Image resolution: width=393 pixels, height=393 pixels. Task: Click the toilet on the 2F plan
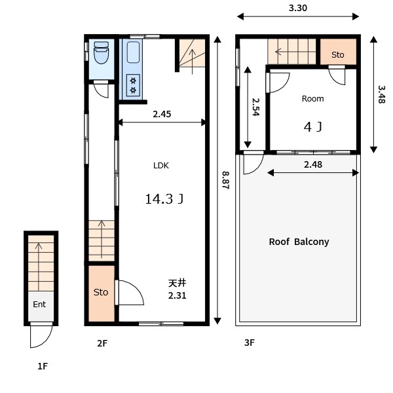point(102,52)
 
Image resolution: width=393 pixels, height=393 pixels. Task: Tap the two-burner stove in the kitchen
point(133,85)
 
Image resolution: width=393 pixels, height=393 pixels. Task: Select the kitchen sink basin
point(133,52)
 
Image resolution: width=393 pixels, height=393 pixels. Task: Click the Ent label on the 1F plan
point(39,305)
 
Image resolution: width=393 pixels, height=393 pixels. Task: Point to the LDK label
point(161,166)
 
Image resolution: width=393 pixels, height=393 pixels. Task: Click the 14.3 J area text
point(164,199)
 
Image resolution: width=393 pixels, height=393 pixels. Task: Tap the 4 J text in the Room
point(313,127)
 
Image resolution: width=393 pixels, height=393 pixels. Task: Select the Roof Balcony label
point(299,242)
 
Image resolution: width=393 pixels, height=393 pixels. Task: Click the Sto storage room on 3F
point(338,52)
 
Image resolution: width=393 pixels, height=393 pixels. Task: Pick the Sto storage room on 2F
point(102,293)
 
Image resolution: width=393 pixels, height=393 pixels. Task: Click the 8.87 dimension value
point(225,180)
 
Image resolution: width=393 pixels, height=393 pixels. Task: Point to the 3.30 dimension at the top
point(298,8)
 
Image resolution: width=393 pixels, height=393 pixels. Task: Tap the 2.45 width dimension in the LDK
point(162,114)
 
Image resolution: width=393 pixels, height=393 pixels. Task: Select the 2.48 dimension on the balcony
point(313,164)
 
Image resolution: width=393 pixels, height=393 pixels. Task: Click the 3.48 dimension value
point(381,94)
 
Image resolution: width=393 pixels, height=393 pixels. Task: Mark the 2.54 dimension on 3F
point(255,107)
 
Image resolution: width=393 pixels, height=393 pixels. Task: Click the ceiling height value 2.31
point(178,296)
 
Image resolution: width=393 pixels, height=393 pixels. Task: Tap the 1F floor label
point(43,366)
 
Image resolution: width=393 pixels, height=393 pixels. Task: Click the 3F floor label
point(250,343)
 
